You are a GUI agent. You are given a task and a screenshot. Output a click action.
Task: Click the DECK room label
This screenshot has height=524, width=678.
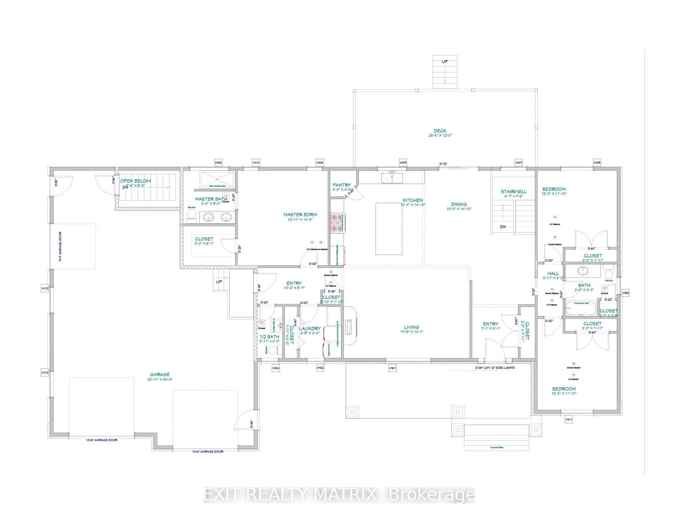coord(440,131)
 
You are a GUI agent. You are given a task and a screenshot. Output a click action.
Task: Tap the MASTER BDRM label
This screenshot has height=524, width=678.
coord(300,215)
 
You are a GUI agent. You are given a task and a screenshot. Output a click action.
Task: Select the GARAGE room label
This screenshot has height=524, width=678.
coord(160,375)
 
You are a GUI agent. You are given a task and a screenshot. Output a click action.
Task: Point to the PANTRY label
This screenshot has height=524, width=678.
coord(342,185)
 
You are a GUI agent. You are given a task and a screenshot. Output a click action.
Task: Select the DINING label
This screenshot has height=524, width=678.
coord(459,204)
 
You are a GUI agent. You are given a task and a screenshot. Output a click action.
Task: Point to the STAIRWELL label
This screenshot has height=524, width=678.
coord(513,192)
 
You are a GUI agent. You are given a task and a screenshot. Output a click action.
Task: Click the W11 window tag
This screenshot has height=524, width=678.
coord(568,420)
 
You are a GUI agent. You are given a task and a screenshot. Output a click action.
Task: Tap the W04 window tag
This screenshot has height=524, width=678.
coord(276,368)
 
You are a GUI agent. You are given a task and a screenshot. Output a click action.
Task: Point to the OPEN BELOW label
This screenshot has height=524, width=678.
coord(136,181)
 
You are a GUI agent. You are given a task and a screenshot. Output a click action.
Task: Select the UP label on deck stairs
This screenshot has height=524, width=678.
coord(445,61)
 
